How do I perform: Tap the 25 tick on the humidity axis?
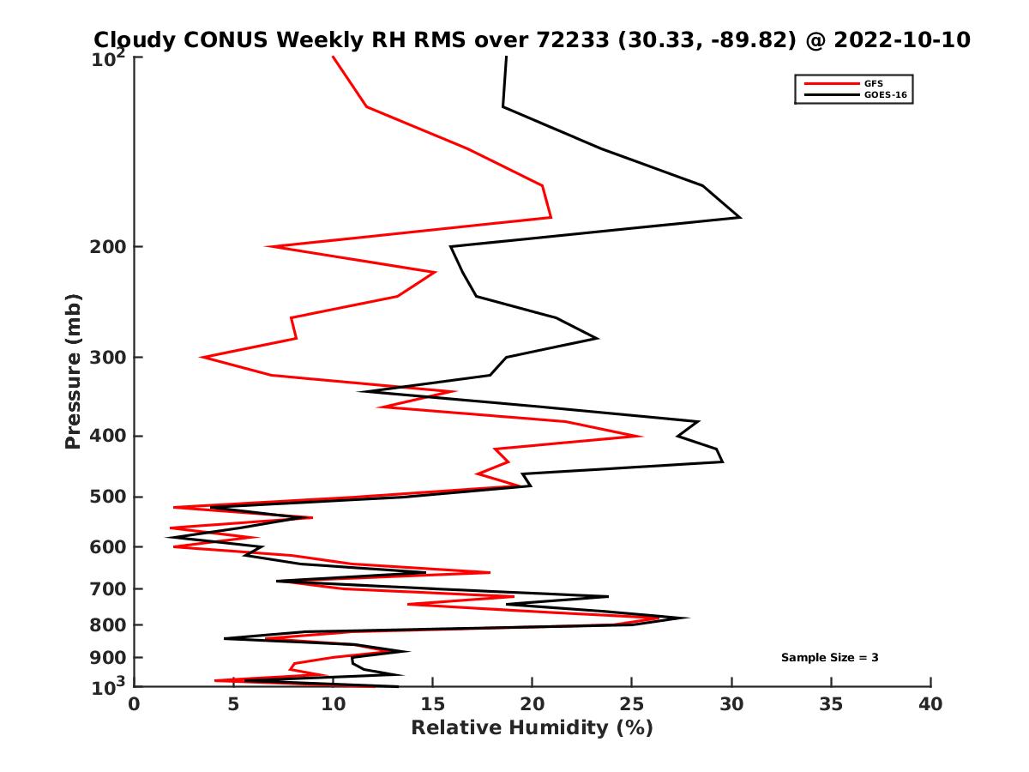click(x=632, y=704)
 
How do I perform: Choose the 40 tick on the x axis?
click(x=930, y=704)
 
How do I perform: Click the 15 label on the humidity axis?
click(x=433, y=704)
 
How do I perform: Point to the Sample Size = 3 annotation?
click(x=829, y=658)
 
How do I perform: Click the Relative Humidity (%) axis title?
click(x=532, y=728)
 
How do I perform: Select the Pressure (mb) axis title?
click(x=73, y=371)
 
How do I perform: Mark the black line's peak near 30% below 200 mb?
click(x=740, y=217)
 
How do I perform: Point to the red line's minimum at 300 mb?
click(x=202, y=357)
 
